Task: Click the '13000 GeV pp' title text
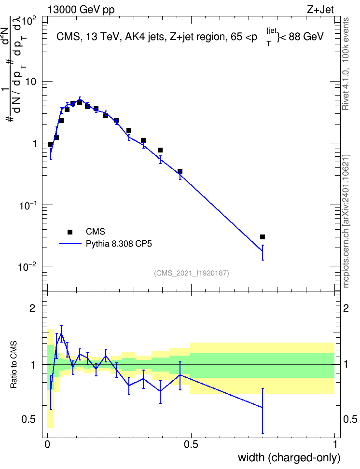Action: tap(81, 10)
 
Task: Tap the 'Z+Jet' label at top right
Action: tap(320, 10)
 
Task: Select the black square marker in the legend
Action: tap(70, 232)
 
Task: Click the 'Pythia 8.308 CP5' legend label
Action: tap(119, 244)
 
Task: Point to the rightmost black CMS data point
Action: tap(263, 237)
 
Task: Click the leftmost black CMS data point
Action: tap(51, 144)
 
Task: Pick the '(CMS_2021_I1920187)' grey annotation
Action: tap(192, 273)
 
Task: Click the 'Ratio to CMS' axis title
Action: tap(14, 365)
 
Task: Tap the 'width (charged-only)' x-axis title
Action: tap(289, 457)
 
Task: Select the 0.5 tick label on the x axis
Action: tap(191, 444)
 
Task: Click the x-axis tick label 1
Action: tap(335, 444)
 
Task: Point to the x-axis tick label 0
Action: tap(47, 444)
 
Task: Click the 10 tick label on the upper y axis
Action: tap(31, 82)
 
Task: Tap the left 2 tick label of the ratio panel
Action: tap(32, 308)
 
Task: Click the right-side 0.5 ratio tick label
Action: tap(350, 419)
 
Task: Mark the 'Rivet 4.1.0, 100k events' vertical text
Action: tap(346, 64)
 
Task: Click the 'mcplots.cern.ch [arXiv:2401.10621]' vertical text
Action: tap(346, 221)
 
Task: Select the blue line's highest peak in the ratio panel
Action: tap(61, 333)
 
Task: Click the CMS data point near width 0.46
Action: tap(180, 171)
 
